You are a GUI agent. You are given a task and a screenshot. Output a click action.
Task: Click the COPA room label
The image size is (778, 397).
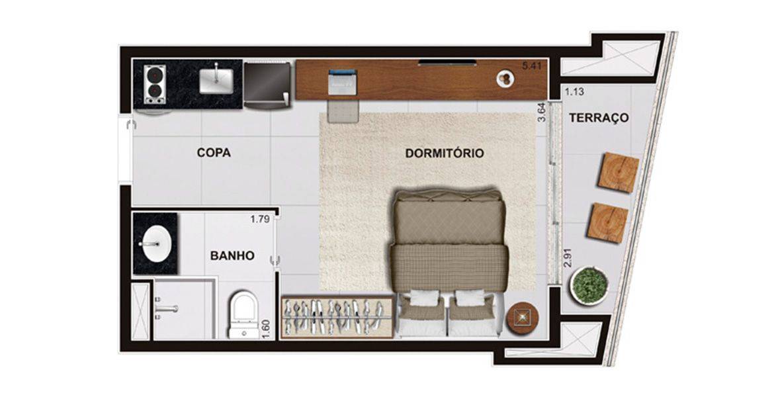[214, 153]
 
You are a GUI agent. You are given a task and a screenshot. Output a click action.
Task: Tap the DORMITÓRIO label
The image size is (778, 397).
[445, 154]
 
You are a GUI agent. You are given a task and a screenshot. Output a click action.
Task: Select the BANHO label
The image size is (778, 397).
[232, 256]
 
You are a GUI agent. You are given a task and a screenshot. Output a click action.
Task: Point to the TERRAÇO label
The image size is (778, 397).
[599, 118]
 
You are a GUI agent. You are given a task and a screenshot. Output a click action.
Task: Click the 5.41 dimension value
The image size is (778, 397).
[531, 66]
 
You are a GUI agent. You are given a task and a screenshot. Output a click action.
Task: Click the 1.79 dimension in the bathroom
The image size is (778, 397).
[260, 219]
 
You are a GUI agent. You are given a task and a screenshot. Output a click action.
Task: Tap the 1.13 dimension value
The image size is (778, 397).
[574, 91]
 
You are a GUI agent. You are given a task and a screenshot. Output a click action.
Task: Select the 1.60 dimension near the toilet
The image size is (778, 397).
[267, 329]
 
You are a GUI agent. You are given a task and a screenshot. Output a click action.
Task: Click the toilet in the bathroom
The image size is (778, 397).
[244, 315]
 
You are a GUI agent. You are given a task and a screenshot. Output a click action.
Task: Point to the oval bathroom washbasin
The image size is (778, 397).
[155, 243]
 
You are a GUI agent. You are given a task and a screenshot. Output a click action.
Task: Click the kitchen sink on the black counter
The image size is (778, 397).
[216, 81]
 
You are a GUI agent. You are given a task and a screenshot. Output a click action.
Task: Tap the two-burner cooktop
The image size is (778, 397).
[155, 84]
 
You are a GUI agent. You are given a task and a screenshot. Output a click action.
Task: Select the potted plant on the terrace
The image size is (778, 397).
[589, 285]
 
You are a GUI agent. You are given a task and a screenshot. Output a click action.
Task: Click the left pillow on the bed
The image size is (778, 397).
[423, 298]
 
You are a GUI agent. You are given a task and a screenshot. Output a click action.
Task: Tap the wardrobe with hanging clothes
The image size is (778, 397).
[337, 316]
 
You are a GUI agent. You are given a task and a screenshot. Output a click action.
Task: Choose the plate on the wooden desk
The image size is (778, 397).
[506, 78]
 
